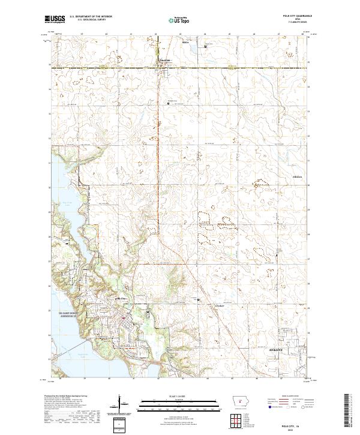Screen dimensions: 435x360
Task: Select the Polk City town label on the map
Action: tap(121, 298)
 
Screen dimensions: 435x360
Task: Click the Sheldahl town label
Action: tap(164, 60)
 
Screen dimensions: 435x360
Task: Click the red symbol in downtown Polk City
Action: tap(124, 317)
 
